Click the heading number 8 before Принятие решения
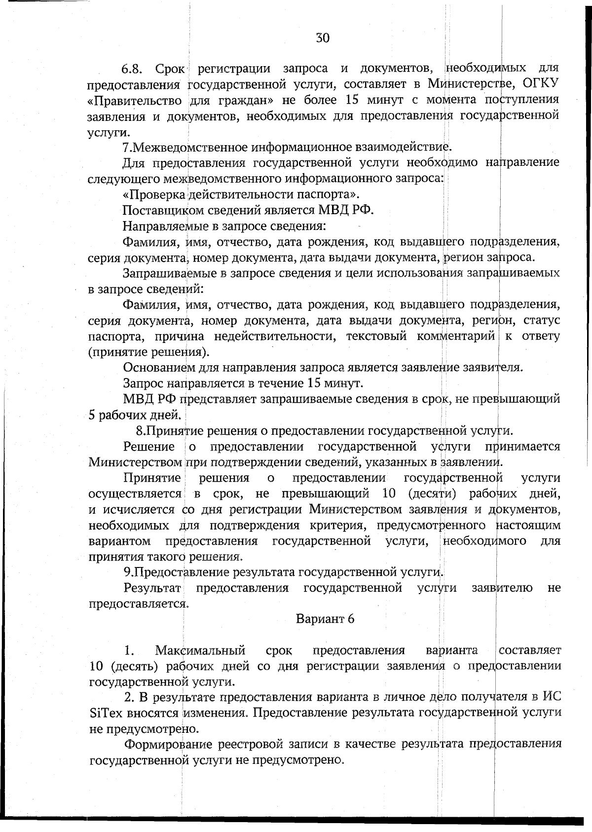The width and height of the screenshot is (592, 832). (140, 431)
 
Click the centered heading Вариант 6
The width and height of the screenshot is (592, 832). (325, 619)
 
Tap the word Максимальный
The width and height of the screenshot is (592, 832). (200, 651)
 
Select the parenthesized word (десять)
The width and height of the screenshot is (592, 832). (134, 667)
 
